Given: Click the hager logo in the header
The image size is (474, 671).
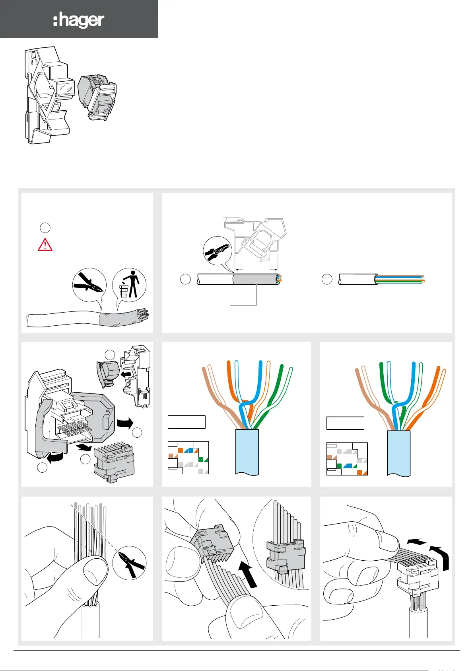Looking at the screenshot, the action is pyautogui.click(x=79, y=20).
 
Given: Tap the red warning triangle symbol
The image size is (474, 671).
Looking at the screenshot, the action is pyautogui.click(x=45, y=245).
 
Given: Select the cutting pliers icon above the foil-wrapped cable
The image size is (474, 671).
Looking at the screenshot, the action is pyautogui.click(x=89, y=285).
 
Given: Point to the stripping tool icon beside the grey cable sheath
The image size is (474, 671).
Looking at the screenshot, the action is pyautogui.click(x=217, y=251).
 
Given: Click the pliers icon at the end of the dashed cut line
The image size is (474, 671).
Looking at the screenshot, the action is pyautogui.click(x=129, y=563).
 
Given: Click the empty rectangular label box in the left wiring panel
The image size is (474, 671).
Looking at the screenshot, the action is pyautogui.click(x=186, y=422).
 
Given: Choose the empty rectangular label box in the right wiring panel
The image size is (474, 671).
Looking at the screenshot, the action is pyautogui.click(x=345, y=423).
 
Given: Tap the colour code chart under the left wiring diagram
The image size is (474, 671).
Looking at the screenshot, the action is pyautogui.click(x=188, y=458).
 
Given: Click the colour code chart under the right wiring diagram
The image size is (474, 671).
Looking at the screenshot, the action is pyautogui.click(x=347, y=459).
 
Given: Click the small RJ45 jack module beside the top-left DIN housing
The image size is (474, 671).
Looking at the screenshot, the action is pyautogui.click(x=97, y=98).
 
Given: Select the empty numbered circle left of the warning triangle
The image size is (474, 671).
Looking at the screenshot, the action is pyautogui.click(x=45, y=228).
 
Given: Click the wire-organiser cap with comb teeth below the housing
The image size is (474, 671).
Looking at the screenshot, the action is pyautogui.click(x=114, y=462).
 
